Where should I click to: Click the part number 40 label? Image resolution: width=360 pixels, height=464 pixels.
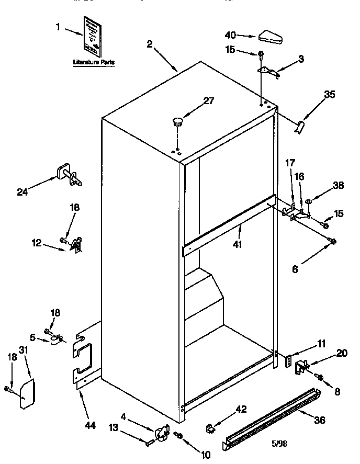pos(230,36)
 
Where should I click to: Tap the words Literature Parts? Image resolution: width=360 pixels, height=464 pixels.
pos(94,62)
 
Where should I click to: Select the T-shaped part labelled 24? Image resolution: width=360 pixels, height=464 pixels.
pos(68,174)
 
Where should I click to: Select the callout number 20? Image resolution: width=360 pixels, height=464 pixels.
pos(341,353)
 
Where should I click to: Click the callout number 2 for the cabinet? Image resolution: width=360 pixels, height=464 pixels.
pos(150,44)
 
